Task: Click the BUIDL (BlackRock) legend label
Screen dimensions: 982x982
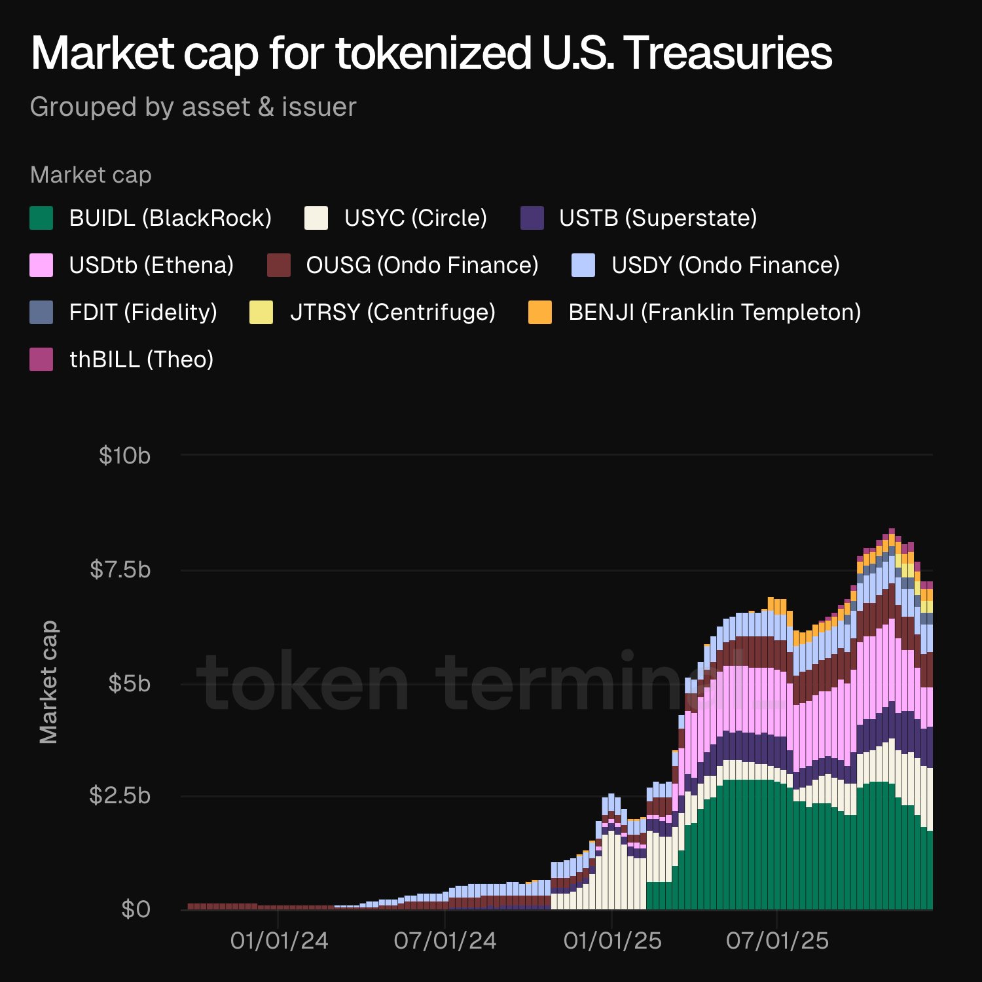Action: tap(170, 218)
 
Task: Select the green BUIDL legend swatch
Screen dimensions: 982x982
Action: tap(41, 218)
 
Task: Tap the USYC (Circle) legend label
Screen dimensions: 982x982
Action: tap(416, 218)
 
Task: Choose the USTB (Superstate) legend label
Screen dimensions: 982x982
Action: tap(658, 218)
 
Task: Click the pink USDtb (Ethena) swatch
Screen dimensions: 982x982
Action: tap(41, 265)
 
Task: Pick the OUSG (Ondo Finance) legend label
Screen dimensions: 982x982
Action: tap(422, 265)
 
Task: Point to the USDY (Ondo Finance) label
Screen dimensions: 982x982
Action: tap(725, 265)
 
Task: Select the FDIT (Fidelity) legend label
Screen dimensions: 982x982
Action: tap(143, 312)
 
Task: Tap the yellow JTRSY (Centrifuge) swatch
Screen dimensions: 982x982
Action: tap(261, 312)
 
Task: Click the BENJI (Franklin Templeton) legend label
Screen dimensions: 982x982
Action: tap(714, 312)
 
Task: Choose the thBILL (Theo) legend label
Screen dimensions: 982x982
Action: tap(141, 359)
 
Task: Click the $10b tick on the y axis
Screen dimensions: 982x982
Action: tap(124, 456)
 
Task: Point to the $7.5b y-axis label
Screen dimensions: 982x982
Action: tap(120, 570)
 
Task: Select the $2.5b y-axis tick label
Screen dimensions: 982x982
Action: tap(120, 795)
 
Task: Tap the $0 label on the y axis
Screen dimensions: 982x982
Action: tap(136, 909)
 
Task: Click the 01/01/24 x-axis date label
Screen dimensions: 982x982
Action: tap(279, 941)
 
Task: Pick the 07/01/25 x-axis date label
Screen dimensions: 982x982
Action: tap(777, 941)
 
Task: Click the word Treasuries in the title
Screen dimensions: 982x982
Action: tap(728, 54)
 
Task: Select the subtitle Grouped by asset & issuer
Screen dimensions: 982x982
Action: tap(193, 107)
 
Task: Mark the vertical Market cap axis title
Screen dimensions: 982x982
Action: tap(48, 682)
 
